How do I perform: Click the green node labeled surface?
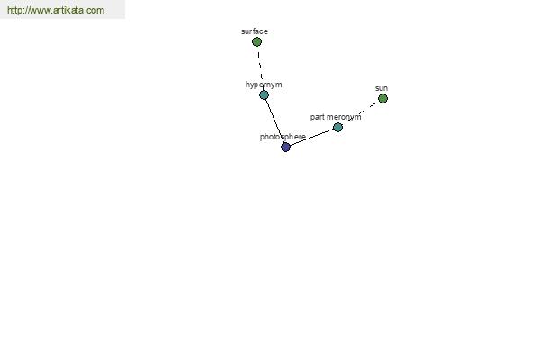[x=256, y=42]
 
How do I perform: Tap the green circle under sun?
[x=382, y=98]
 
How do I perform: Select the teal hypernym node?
[x=264, y=94]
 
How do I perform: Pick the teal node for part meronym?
[x=337, y=128]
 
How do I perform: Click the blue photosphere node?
[x=286, y=147]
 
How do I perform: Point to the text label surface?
[x=255, y=31]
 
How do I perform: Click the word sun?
[x=382, y=88]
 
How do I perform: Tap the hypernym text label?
[x=264, y=85]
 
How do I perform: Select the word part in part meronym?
[x=317, y=117]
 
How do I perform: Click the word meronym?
[x=344, y=117]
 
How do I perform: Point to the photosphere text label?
[x=283, y=137]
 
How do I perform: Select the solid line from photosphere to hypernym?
[x=274, y=121]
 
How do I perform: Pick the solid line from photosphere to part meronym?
[x=311, y=137]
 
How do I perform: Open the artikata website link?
[x=56, y=10]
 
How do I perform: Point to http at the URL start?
[x=13, y=10]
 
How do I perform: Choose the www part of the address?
[x=39, y=11]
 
